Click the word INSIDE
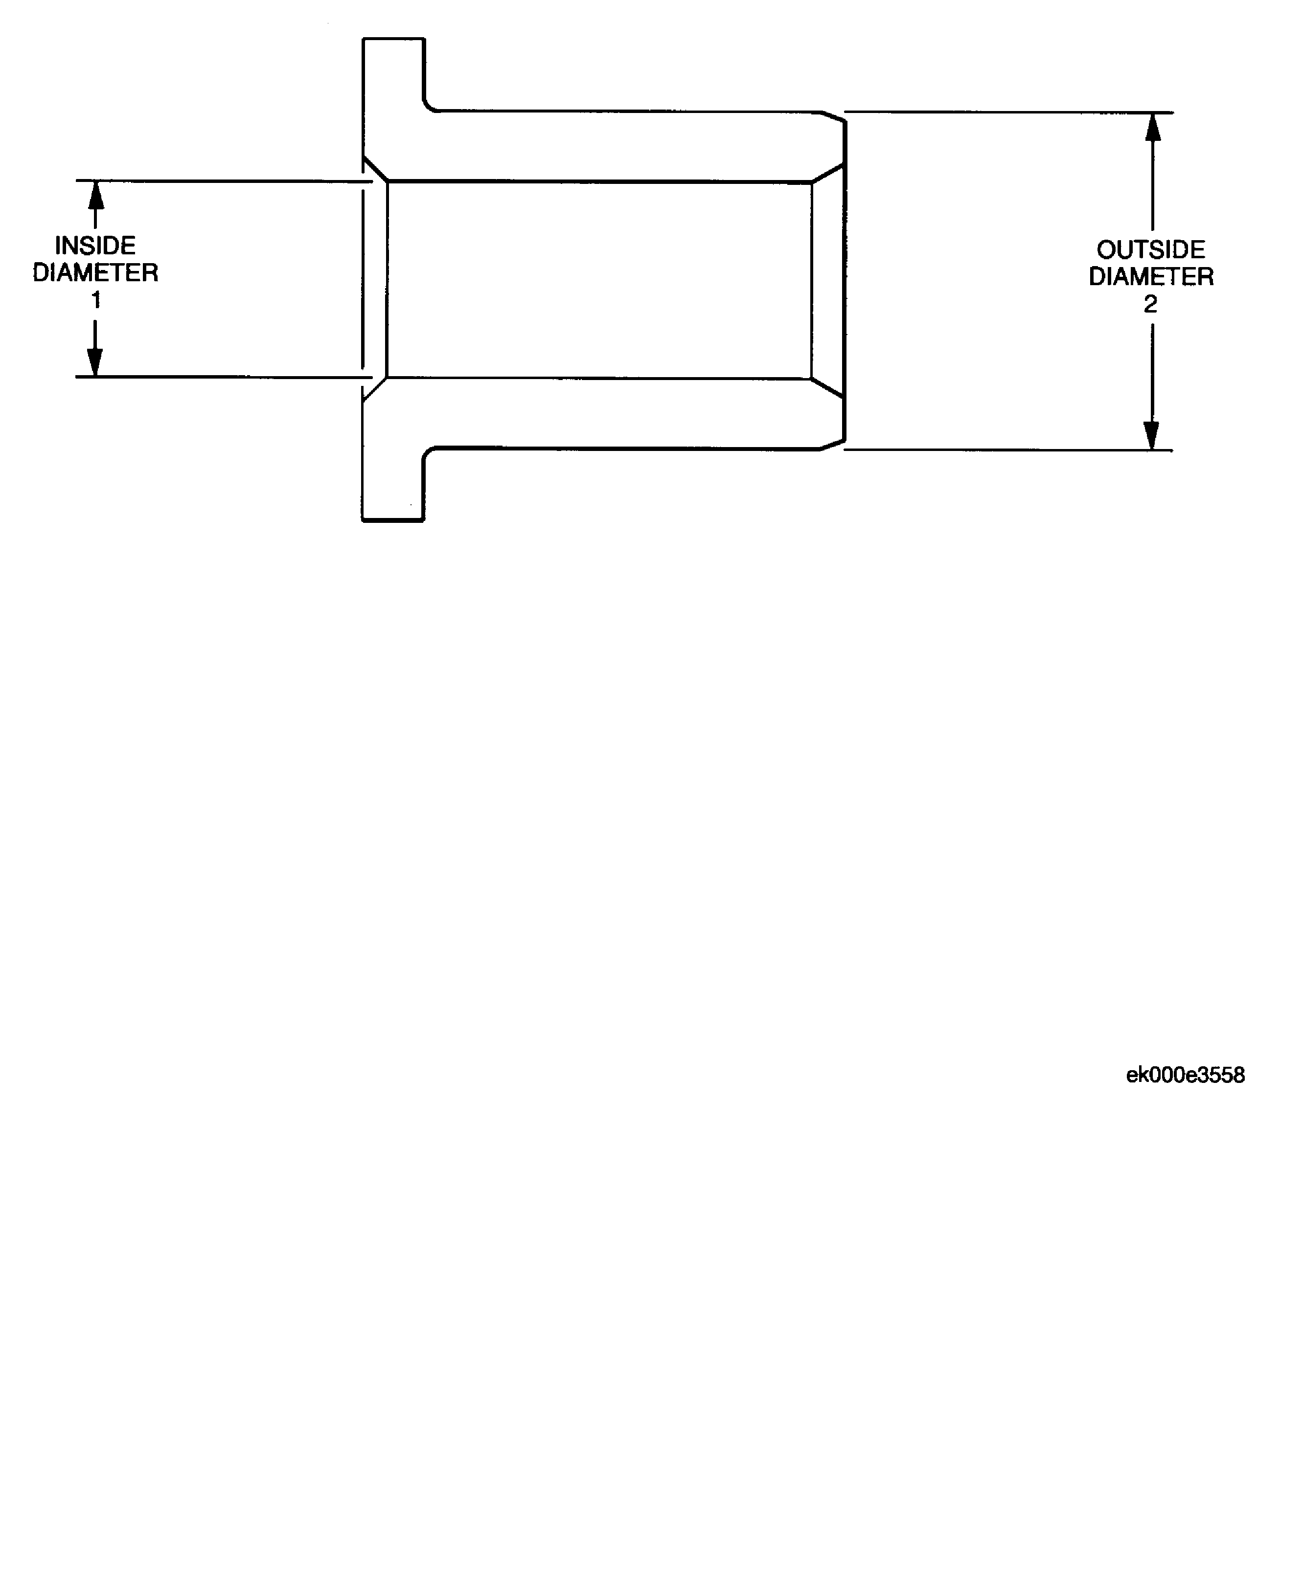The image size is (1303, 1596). [95, 246]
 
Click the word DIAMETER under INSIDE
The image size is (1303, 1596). [95, 272]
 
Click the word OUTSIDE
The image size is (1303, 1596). [1151, 249]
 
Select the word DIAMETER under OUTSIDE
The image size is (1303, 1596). [1151, 276]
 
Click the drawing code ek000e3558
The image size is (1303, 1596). [1185, 1075]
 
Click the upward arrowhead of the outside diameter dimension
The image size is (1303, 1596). [1153, 127]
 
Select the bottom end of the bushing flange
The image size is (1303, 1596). [393, 520]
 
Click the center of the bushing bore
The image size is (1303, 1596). [599, 280]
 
